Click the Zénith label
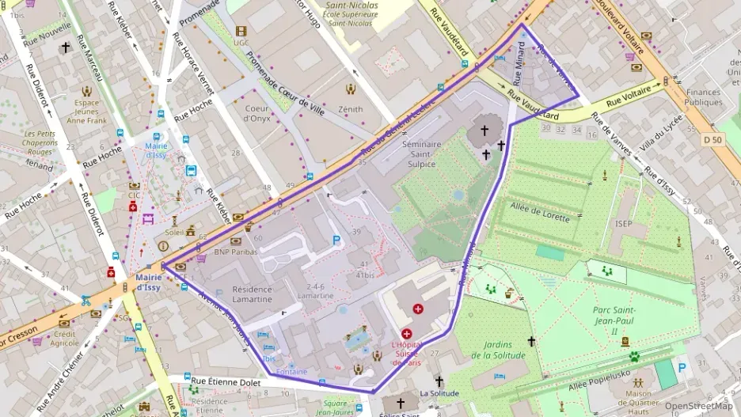(x=350, y=109)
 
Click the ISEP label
(x=624, y=224)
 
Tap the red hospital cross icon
(x=418, y=307)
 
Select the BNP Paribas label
(x=236, y=252)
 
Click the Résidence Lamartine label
(x=252, y=294)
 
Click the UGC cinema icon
(x=241, y=31)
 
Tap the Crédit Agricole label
(x=65, y=338)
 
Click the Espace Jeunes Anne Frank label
(x=86, y=112)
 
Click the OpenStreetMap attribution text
(x=698, y=406)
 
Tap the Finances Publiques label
(x=704, y=97)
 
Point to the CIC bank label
(x=134, y=194)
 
